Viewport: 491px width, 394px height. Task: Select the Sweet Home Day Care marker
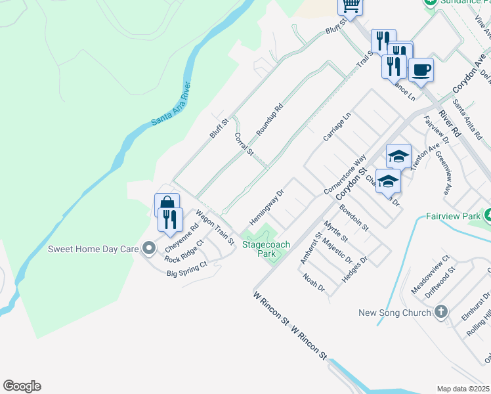tap(149, 249)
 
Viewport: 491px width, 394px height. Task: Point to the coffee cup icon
tap(421, 68)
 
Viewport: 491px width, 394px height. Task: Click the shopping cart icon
tap(351, 6)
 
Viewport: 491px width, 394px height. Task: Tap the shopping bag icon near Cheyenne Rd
tap(167, 204)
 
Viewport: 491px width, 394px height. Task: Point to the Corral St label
tap(244, 144)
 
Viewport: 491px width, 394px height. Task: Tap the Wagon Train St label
tap(215, 227)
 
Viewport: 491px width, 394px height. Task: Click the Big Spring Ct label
tap(186, 269)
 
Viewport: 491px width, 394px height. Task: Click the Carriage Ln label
tap(337, 126)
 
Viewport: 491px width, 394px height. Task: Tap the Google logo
tap(22, 386)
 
